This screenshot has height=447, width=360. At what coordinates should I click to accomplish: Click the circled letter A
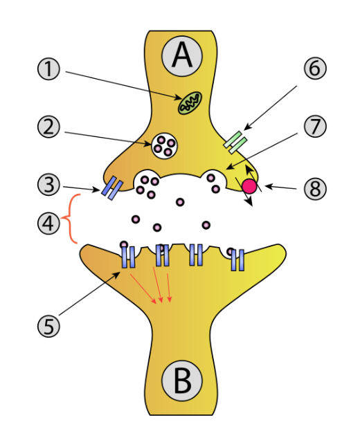(181, 55)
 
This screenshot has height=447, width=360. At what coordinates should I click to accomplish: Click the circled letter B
(181, 381)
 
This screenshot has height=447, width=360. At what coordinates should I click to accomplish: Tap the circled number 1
(48, 69)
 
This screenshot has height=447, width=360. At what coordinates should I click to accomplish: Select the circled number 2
(48, 127)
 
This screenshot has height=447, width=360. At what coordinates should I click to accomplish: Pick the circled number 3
(48, 185)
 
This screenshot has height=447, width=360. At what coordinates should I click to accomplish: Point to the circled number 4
(48, 223)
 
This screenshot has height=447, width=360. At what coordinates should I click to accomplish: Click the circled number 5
(48, 326)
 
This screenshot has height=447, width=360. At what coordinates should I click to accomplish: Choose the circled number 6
(315, 68)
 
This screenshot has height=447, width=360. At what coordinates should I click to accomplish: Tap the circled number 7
(315, 127)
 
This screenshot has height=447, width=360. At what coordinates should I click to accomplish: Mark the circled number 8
(315, 188)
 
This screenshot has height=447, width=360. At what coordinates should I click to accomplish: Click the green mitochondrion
(190, 103)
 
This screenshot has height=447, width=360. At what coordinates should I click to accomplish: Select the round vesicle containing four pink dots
(165, 146)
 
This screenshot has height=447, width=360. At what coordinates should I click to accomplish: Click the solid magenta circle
(249, 186)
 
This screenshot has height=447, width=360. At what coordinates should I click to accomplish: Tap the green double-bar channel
(235, 143)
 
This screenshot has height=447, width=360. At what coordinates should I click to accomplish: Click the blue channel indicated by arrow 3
(112, 188)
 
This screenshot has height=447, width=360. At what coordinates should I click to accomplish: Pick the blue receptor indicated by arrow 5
(128, 257)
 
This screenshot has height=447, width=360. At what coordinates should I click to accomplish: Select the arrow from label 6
(270, 108)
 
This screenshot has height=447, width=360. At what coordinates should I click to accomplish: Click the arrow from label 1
(123, 85)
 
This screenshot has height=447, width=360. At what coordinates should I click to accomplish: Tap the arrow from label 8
(280, 188)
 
